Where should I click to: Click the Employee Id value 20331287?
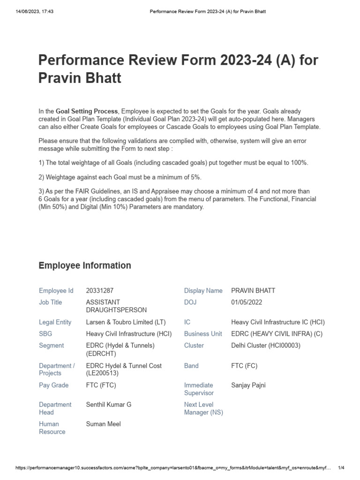pos(100,291)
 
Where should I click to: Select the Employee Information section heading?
pos(84,266)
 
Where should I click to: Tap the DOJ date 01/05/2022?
pos(247,302)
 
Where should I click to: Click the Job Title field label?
pos(50,302)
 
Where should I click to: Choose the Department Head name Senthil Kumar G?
pos(109,405)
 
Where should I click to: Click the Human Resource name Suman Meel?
pos(103,424)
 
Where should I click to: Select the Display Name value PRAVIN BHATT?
pos(253,291)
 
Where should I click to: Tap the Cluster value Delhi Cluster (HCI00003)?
pos(266,345)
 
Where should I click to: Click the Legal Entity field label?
pos(55,322)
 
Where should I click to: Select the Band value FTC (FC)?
pos(244,366)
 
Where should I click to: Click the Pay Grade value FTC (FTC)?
pos(101,385)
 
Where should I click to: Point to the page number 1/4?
pos(341,468)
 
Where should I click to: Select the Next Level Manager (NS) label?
pos(203,408)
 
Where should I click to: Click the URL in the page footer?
pos(173,468)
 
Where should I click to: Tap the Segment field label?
pos(51,345)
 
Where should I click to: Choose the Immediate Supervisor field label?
pos(199,389)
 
